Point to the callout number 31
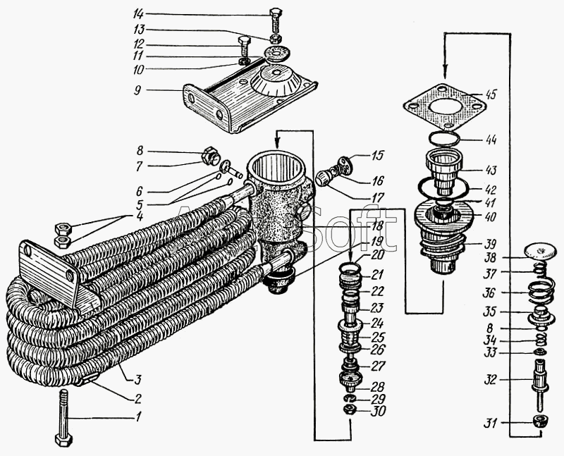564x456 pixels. [x=489, y=424]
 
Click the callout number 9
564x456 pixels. [x=140, y=90]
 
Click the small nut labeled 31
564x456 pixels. [x=540, y=422]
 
